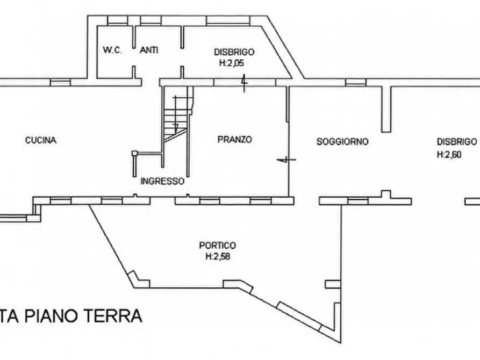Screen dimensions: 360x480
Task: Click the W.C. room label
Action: (x=113, y=51)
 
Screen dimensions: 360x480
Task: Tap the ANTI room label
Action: (x=149, y=51)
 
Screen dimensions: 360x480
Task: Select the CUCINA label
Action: (x=41, y=140)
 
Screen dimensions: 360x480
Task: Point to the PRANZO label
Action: (x=235, y=140)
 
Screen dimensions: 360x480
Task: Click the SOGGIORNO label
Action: (x=342, y=142)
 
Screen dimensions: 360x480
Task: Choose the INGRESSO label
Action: (x=162, y=181)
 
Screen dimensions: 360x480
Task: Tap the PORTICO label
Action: (x=217, y=246)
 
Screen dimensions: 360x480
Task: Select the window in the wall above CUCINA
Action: (x=60, y=83)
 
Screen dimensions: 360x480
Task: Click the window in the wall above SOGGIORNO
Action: (x=355, y=82)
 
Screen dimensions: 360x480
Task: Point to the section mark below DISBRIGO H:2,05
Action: (x=243, y=83)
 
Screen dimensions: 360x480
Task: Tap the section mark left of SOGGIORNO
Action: (x=284, y=160)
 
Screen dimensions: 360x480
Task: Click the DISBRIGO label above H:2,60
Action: (x=456, y=142)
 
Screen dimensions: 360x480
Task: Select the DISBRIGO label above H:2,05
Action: (x=234, y=52)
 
